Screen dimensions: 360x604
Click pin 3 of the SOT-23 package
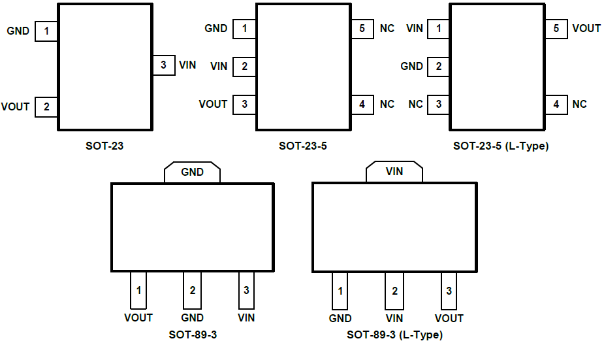coord(163,65)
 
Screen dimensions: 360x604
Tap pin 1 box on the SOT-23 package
coord(46,31)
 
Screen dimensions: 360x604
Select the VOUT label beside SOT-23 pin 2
coord(15,106)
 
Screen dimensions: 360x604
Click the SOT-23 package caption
coord(104,146)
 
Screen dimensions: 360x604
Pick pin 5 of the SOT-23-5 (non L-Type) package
coord(362,29)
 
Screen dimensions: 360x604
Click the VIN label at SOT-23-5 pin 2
coord(219,66)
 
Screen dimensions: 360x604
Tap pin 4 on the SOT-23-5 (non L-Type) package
coord(362,104)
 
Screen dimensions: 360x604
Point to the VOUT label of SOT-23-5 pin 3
coord(213,104)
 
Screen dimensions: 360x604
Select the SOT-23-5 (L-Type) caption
coord(501,146)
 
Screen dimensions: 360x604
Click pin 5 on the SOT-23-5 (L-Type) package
coord(556,29)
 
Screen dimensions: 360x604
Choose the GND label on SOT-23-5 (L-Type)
coord(411,66)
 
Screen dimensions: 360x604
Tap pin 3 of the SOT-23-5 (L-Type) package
coord(439,104)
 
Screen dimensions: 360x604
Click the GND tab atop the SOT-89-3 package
coord(192,172)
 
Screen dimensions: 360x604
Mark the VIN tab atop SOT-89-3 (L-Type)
coord(394,172)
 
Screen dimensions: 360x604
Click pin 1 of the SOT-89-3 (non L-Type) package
coord(138,290)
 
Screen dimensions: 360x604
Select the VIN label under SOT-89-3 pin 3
coord(246,318)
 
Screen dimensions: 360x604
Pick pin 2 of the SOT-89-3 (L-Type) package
coord(394,291)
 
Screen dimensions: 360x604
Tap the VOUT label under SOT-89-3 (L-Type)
coord(449,318)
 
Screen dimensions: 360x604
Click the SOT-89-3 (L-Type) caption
coord(394,335)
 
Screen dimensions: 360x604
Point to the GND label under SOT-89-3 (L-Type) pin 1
coord(340,318)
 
